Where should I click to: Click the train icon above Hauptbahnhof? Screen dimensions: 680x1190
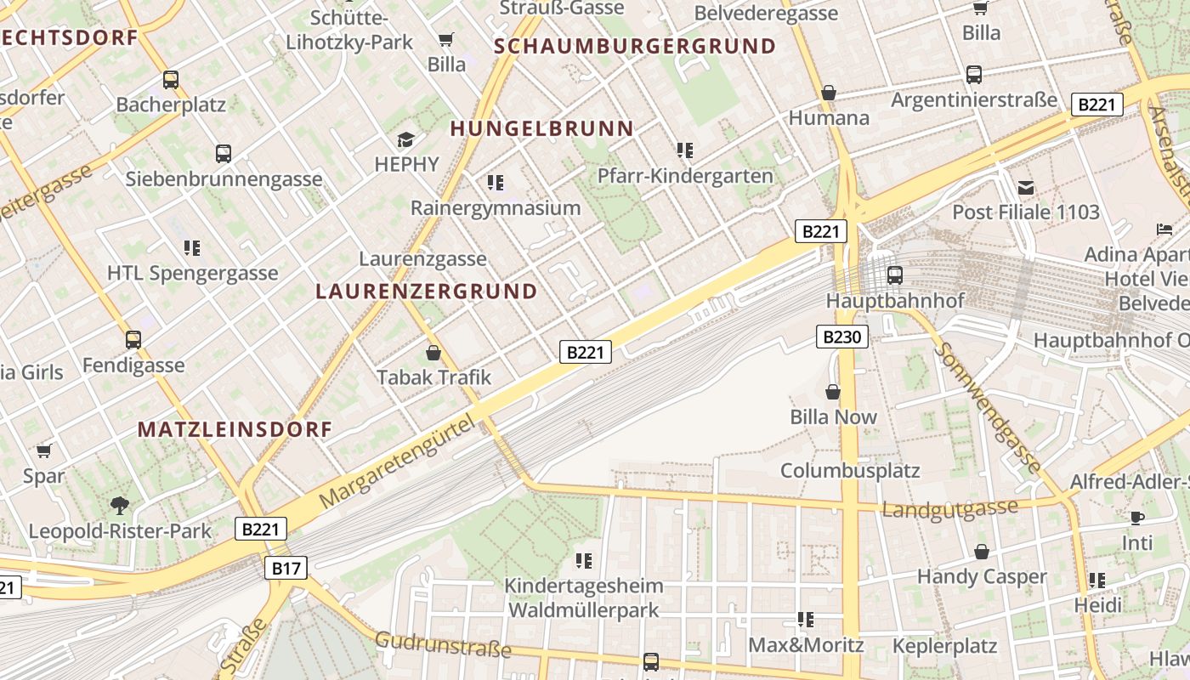pos(894,275)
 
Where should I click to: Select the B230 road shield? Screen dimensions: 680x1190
pos(841,337)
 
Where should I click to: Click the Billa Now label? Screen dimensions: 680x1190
pos(833,416)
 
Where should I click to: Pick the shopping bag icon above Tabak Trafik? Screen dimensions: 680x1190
pos(433,352)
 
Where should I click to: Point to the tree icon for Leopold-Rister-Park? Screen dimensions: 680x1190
pos(120,506)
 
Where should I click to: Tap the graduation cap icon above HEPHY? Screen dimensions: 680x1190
pos(406,139)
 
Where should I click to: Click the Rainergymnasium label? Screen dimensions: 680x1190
pos(496,207)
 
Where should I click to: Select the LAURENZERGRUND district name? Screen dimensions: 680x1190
pos(427,292)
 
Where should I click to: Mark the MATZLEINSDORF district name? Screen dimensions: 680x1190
pos(235,429)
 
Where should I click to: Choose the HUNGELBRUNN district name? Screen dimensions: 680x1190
pos(541,129)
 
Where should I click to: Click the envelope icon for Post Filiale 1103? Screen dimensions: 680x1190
pos(1026,187)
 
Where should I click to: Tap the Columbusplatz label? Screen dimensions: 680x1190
pos(850,470)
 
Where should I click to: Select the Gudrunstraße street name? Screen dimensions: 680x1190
pos(443,645)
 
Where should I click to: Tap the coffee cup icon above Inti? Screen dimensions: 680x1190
pos(1137,518)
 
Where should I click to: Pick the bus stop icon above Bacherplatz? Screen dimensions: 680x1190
pos(171,80)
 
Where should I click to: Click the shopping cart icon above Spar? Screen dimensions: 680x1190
pos(44,450)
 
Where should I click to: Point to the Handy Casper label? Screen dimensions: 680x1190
pos(982,576)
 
